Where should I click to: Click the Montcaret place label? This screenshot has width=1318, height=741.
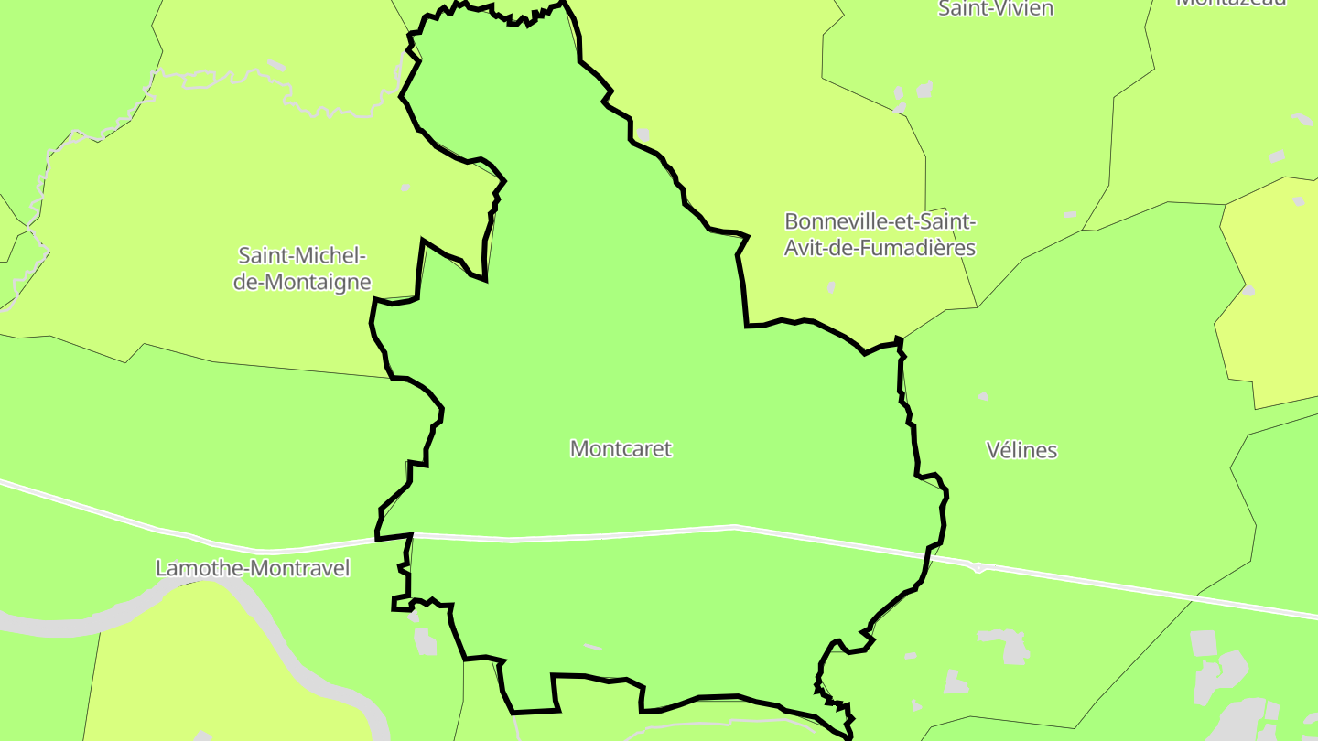coord(621,449)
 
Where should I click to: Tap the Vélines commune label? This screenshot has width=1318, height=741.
coord(1021,450)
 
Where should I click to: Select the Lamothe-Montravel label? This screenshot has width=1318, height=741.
coord(253,569)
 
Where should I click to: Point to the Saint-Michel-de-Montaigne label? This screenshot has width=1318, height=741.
coord(302,269)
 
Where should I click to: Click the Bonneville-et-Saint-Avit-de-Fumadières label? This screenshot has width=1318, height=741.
coord(880,235)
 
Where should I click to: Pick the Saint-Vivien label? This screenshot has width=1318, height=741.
coord(996,9)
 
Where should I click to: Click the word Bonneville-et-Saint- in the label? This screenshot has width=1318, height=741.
coord(880,222)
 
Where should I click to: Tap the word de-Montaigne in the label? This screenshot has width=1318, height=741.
coord(302,283)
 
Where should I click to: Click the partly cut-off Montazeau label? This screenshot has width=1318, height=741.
coord(1231,3)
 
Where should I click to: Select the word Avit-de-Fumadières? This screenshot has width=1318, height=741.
coord(880,249)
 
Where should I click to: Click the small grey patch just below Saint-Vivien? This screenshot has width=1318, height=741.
coord(925,90)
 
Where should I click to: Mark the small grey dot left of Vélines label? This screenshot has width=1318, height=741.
coord(983,397)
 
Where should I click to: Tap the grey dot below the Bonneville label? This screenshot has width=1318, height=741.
coord(831,287)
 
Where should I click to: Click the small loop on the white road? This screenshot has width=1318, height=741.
coord(978,568)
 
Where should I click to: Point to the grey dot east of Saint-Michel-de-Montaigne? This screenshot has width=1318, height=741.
coord(405,188)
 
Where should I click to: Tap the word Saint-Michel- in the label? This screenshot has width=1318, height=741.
coord(302,255)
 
